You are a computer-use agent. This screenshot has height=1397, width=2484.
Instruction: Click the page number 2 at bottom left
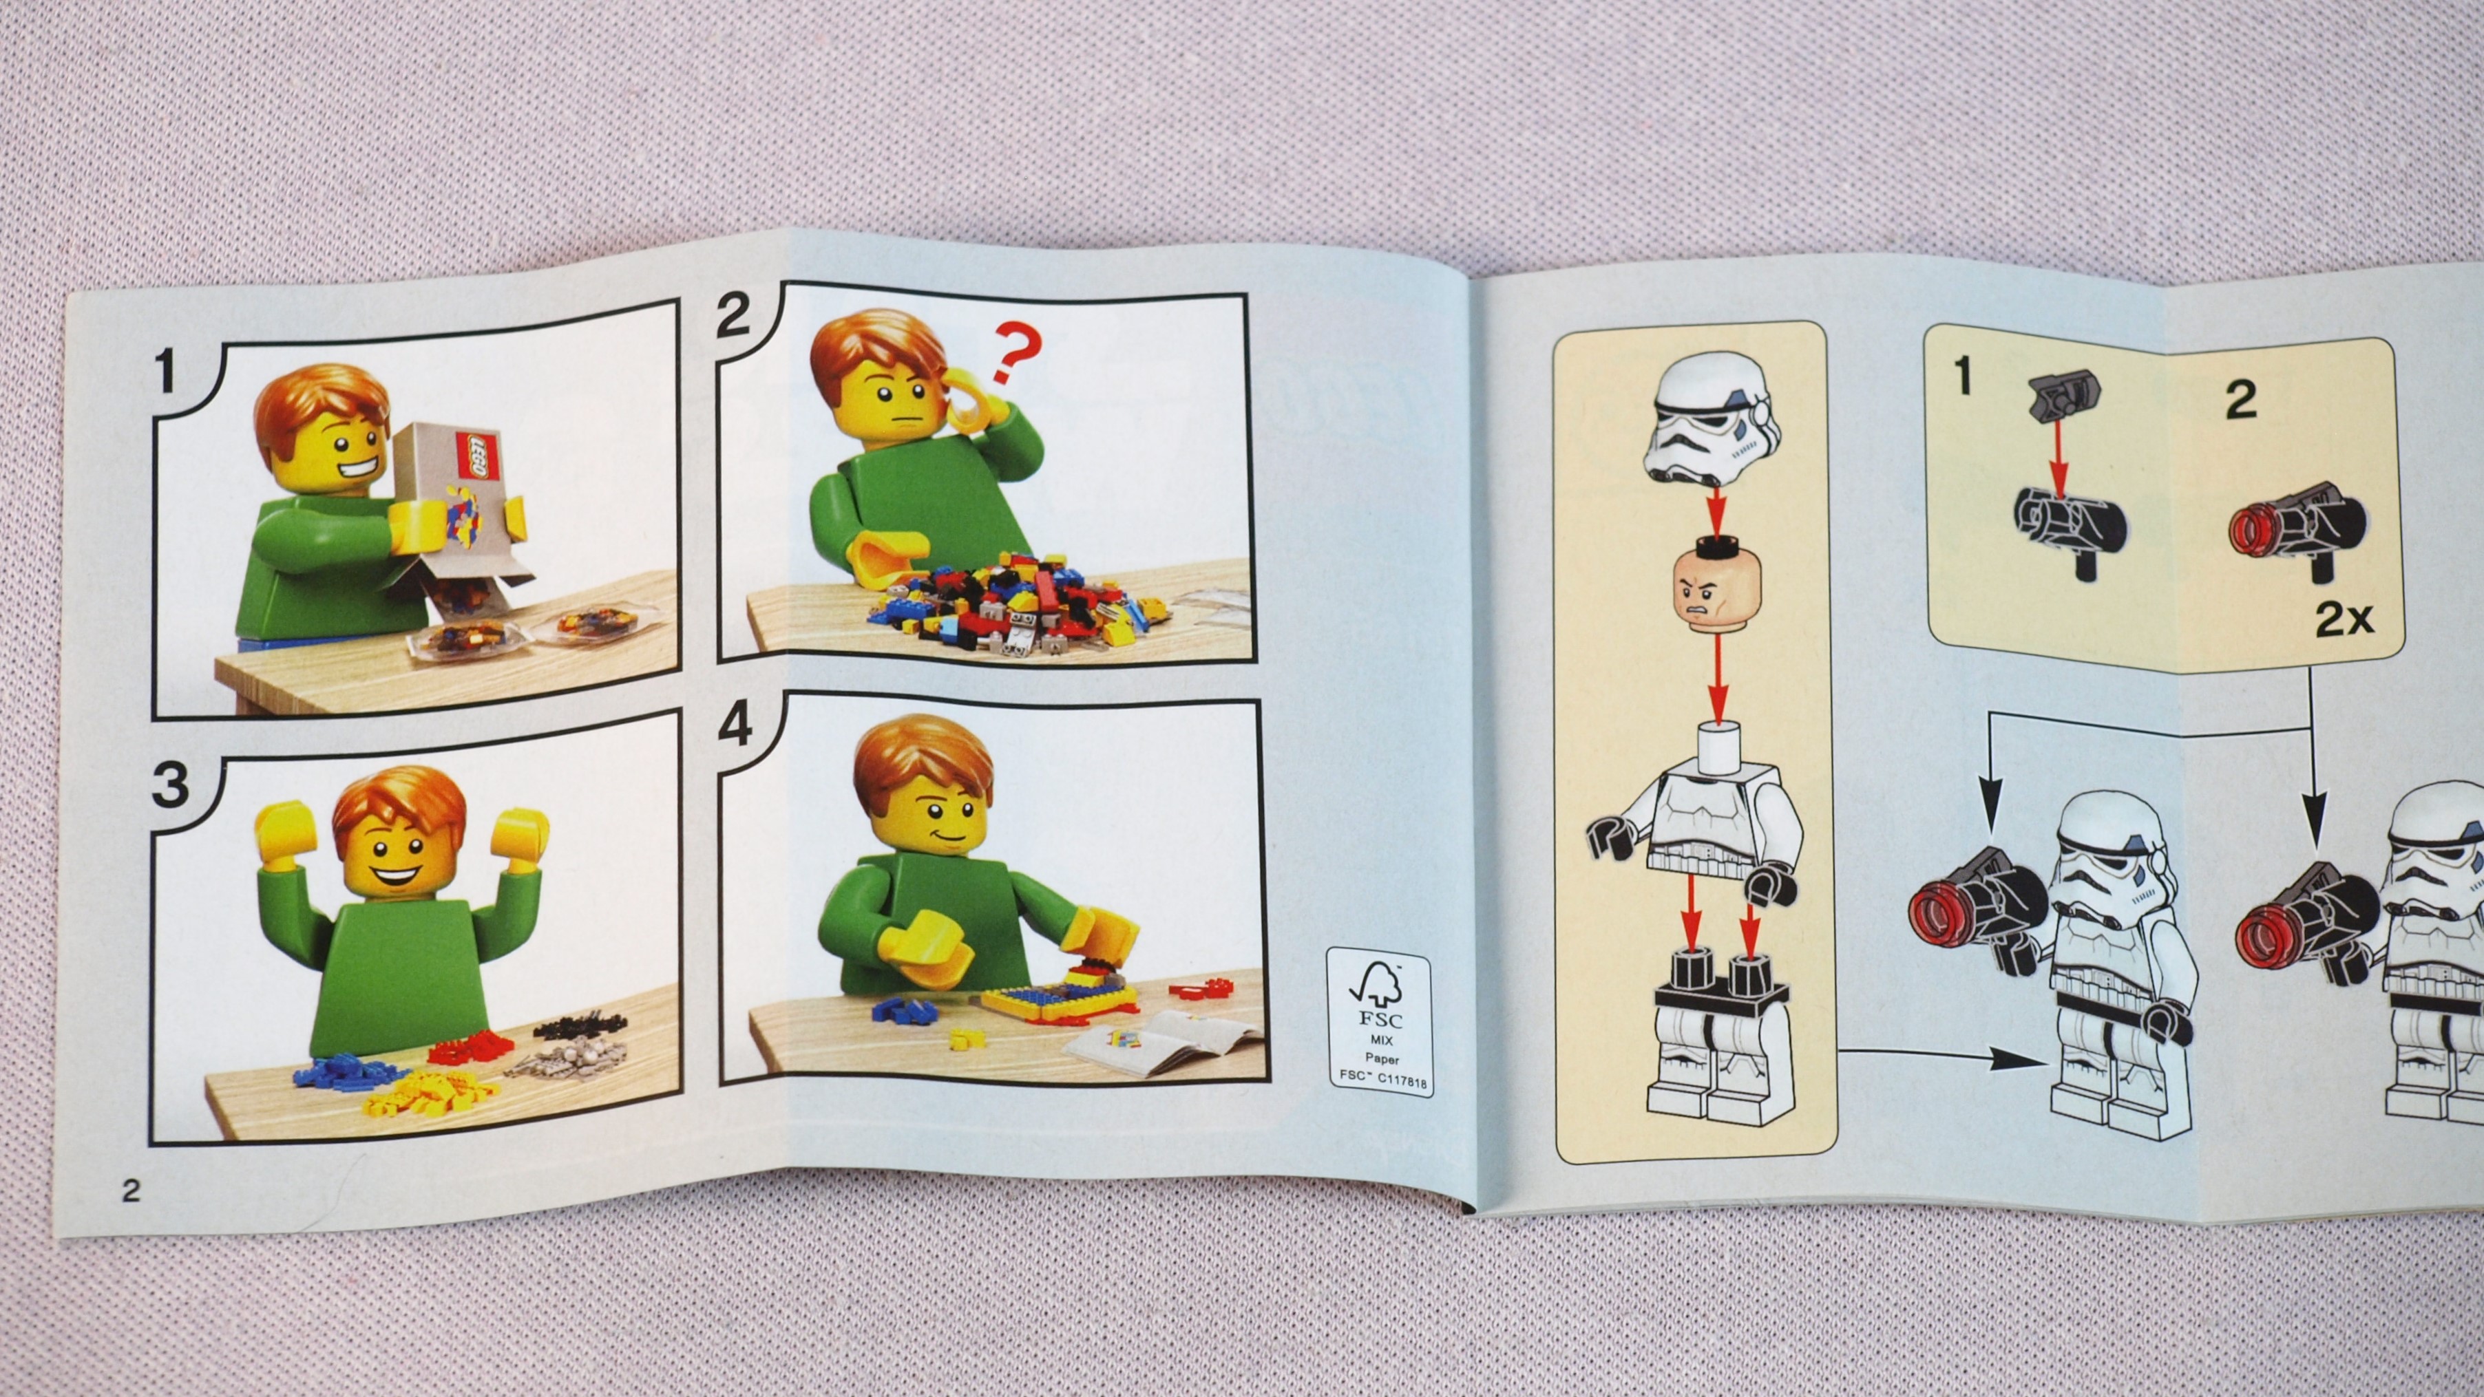(130, 1191)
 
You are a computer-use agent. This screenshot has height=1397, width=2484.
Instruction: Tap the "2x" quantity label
(2344, 620)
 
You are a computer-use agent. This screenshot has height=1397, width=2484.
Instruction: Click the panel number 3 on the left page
(171, 784)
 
